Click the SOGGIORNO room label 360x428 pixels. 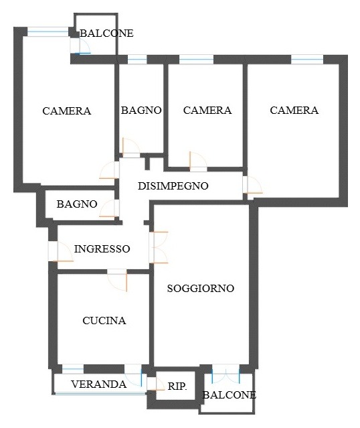click(201, 288)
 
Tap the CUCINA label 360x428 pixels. click(104, 320)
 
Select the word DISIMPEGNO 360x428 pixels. click(173, 186)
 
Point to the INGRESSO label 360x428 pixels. click(102, 249)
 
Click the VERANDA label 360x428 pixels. click(99, 384)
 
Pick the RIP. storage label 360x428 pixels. click(177, 386)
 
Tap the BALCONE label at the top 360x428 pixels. click(106, 33)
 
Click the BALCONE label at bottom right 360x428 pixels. click(230, 395)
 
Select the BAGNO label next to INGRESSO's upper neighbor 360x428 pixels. click(77, 204)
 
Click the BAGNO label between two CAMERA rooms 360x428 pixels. click(141, 111)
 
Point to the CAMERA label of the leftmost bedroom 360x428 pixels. click(67, 111)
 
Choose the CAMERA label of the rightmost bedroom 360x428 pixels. click(294, 111)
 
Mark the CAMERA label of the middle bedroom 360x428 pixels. click(207, 111)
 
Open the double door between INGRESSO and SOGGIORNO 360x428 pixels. click(159, 247)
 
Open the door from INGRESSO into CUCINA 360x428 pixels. click(117, 281)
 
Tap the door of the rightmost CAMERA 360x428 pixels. click(252, 185)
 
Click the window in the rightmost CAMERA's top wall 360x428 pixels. click(307, 59)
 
